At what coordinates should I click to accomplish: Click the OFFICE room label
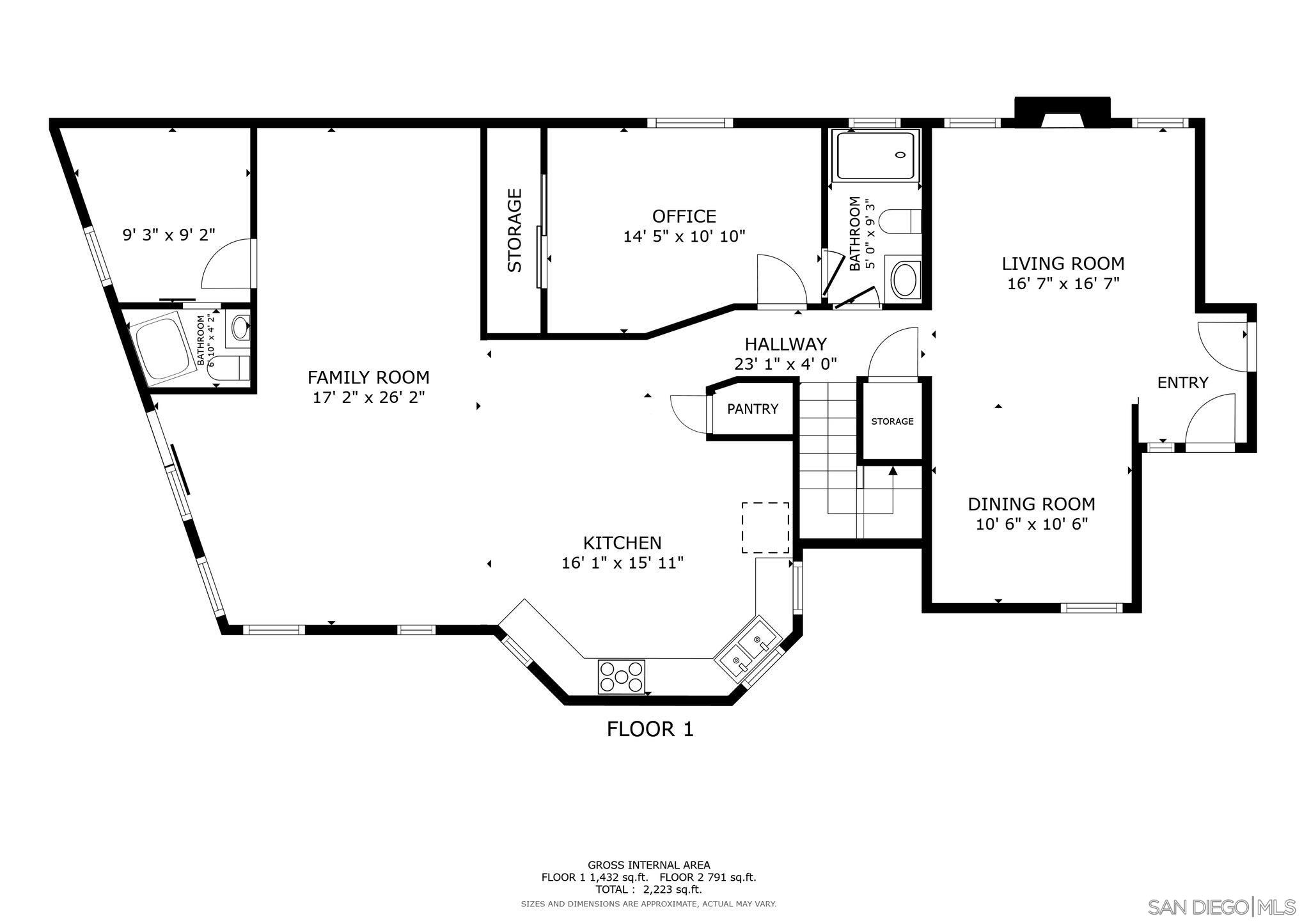(684, 216)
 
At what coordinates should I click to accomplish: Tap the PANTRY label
(752, 409)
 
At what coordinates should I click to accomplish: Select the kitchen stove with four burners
(621, 677)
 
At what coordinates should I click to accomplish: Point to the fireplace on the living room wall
(1062, 113)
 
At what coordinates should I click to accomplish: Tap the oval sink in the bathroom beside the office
(904, 280)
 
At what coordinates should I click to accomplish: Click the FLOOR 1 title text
(650, 729)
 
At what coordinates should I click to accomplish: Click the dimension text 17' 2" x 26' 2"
(368, 397)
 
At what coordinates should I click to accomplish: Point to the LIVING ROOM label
(1063, 264)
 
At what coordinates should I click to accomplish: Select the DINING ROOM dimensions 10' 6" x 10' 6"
(1031, 524)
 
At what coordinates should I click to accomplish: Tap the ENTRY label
(1182, 382)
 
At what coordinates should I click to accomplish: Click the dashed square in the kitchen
(765, 528)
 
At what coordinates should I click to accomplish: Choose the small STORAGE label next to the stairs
(892, 421)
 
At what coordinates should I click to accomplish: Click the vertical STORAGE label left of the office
(515, 230)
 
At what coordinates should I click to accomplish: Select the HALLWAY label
(785, 344)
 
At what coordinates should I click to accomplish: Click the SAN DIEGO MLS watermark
(1221, 907)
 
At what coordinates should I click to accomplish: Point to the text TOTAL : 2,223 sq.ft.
(648, 889)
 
